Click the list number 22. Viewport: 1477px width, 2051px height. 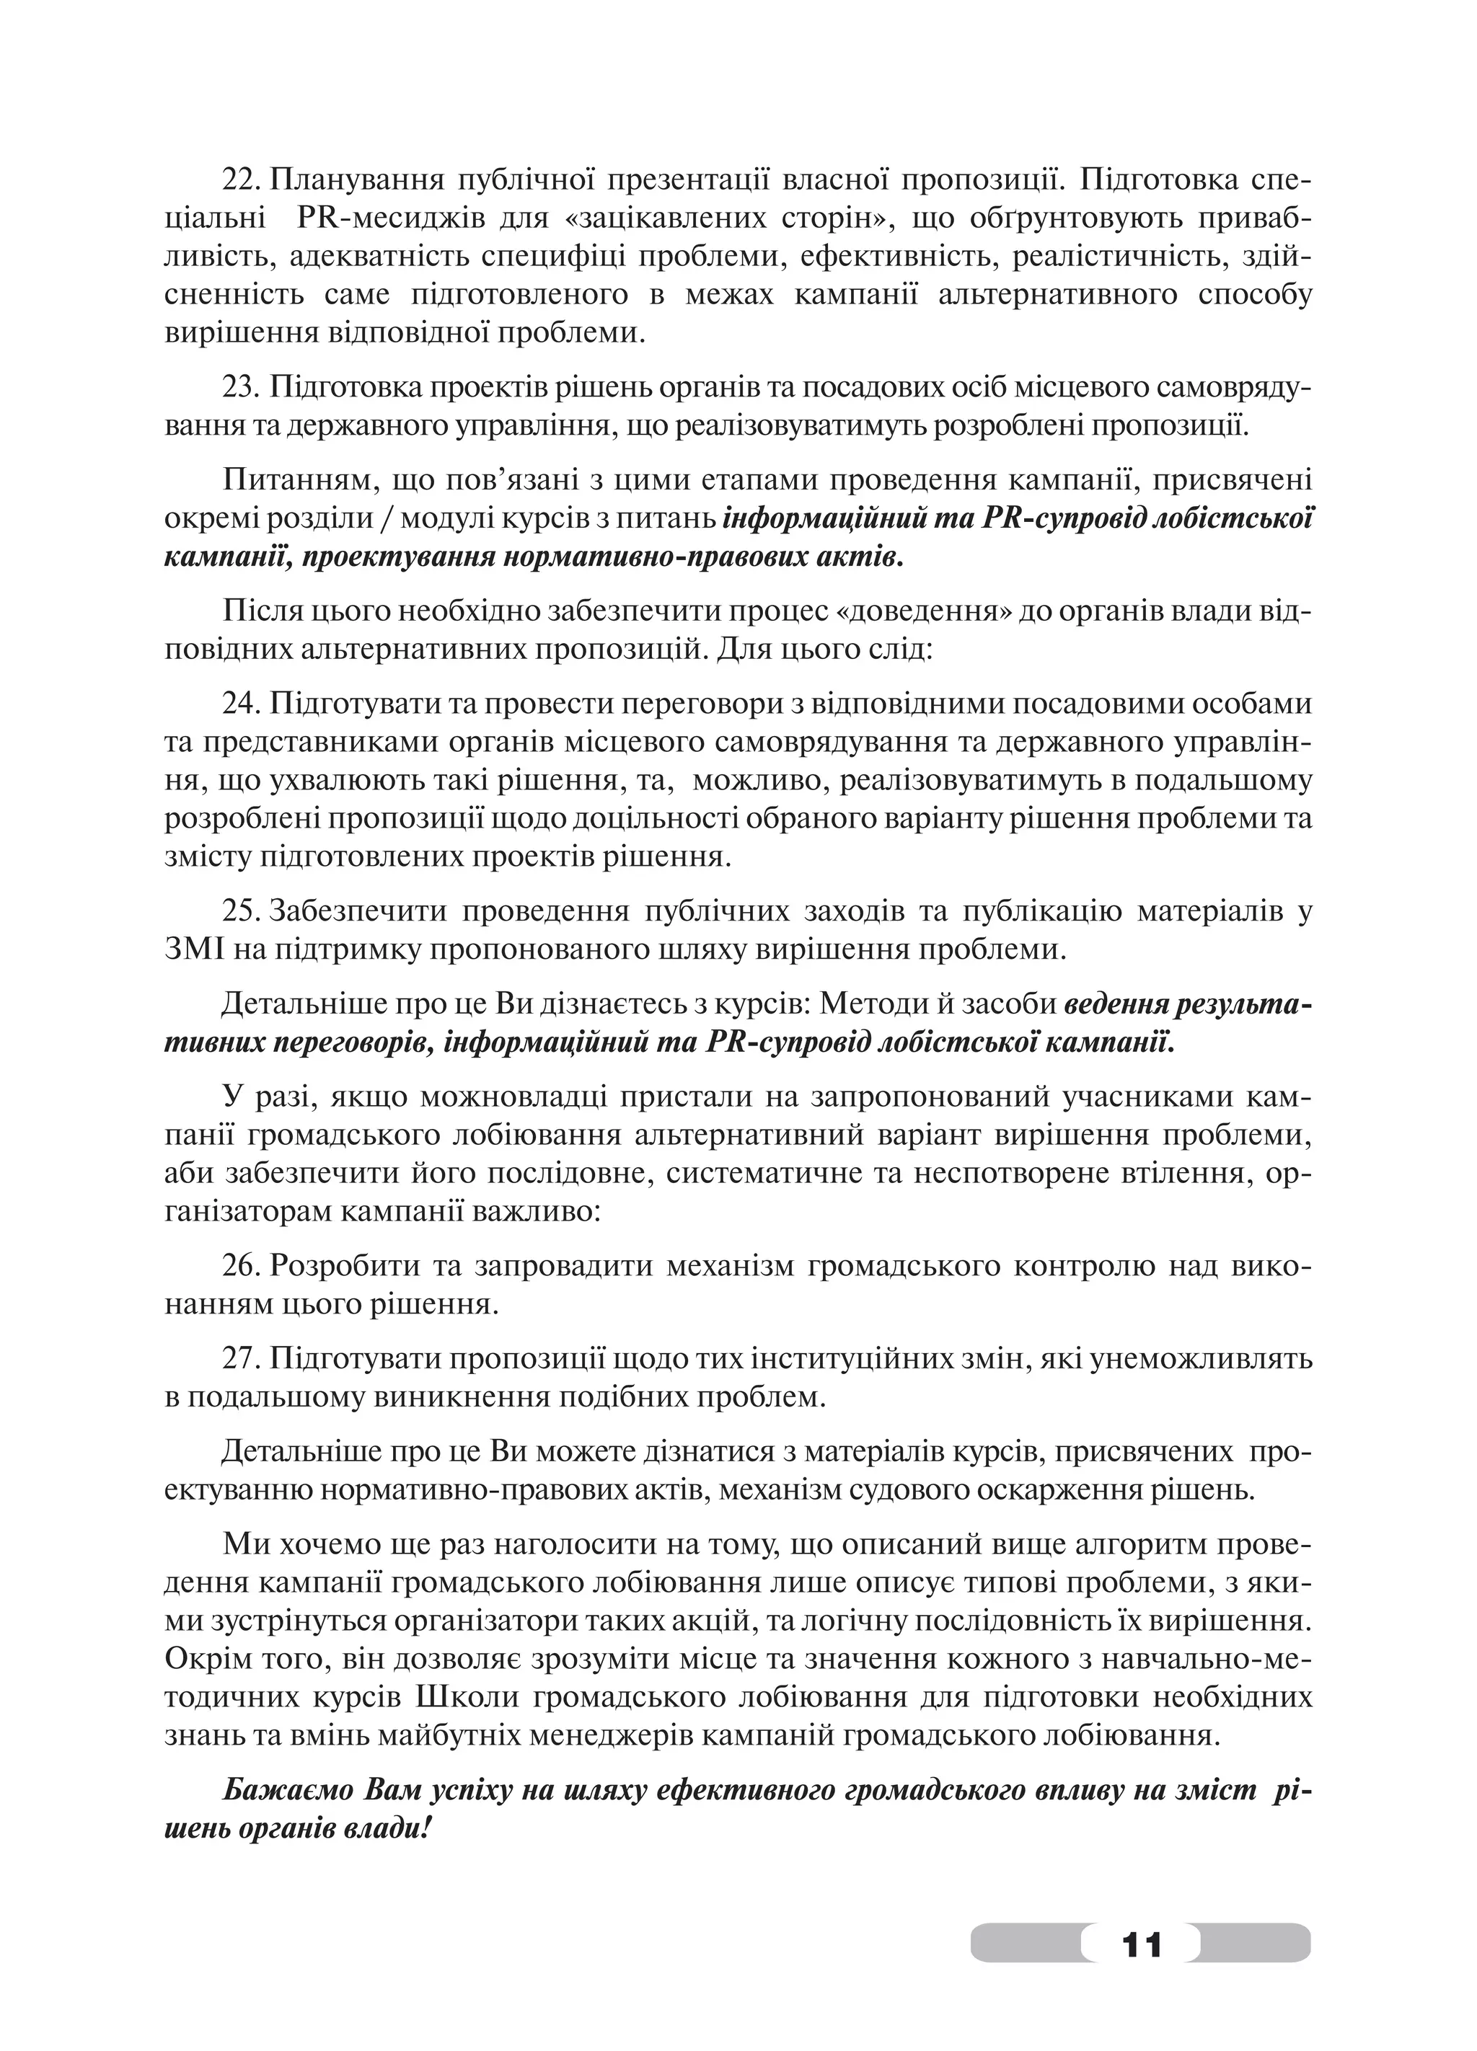pyautogui.click(x=241, y=180)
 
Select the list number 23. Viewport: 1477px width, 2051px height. pyautogui.click(x=241, y=387)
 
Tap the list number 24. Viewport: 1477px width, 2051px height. pyautogui.click(x=241, y=703)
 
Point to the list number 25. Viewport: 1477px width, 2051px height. pyautogui.click(x=241, y=911)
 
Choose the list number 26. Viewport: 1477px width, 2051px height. pyautogui.click(x=241, y=1266)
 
